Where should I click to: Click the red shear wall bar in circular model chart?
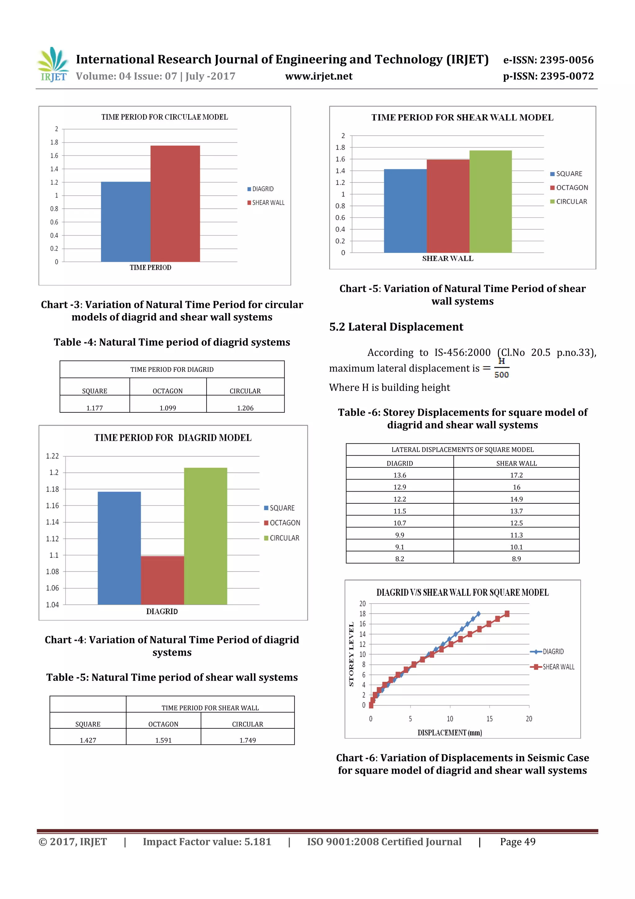click(x=175, y=204)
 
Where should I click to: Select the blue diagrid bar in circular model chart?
click(x=126, y=222)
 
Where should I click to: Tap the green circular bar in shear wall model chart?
click(x=490, y=202)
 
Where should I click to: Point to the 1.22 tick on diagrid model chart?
click(x=52, y=456)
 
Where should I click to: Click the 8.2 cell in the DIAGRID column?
click(x=399, y=559)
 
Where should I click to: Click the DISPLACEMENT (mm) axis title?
click(x=449, y=733)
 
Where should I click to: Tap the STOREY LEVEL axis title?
click(x=351, y=654)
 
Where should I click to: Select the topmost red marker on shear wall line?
click(x=507, y=614)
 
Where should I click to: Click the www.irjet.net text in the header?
click(x=318, y=76)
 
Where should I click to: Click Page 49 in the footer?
click(x=517, y=842)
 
